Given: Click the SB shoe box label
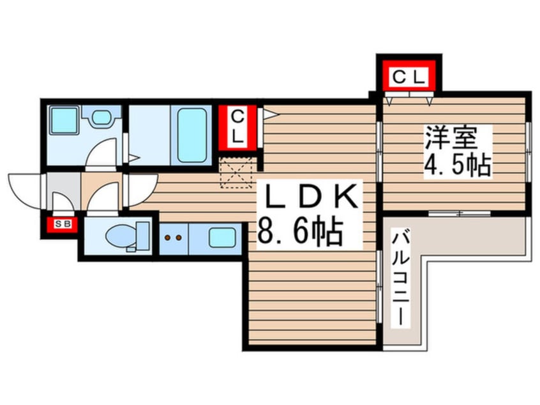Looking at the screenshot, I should (x=62, y=224).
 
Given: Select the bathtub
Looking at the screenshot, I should (x=192, y=135).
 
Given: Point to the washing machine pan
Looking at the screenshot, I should (x=64, y=121).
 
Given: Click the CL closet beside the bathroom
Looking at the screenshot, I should (x=237, y=127).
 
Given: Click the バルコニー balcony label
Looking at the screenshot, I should (x=401, y=279).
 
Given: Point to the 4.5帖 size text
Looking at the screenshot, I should (x=457, y=165).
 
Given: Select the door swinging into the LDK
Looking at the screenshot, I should (x=142, y=189).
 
